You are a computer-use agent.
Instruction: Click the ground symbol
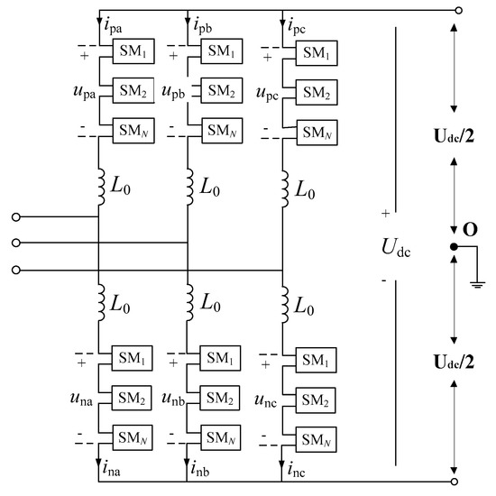(478, 287)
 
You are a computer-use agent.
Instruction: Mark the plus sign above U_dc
(385, 215)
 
